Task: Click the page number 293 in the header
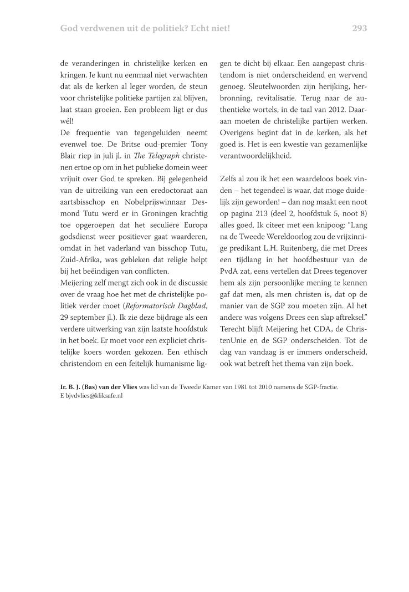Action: click(x=359, y=28)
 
